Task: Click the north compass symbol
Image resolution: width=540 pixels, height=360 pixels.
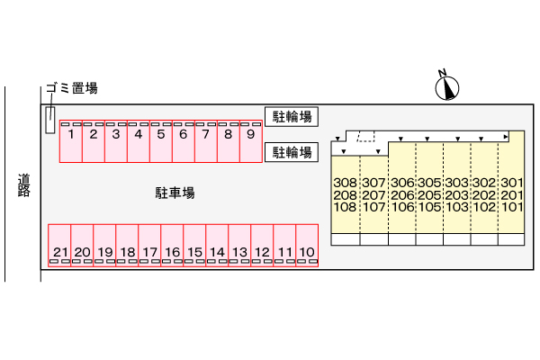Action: tap(447, 87)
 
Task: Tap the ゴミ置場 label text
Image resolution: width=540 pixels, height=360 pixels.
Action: tap(72, 88)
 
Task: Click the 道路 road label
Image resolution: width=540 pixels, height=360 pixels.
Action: tap(23, 185)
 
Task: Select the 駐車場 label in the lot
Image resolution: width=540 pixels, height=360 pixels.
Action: tap(175, 193)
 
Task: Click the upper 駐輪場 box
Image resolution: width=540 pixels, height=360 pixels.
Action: tap(292, 117)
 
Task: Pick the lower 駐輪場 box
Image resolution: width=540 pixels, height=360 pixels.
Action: tap(292, 152)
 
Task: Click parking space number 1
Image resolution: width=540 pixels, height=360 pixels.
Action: tap(71, 141)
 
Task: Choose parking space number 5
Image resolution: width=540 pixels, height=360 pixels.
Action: tap(161, 141)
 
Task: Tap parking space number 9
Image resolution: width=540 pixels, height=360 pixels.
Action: tap(251, 141)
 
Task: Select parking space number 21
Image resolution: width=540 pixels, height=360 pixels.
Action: tap(59, 246)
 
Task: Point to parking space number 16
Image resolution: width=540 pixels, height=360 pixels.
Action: tap(172, 246)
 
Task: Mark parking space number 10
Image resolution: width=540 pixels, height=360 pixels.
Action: tap(307, 246)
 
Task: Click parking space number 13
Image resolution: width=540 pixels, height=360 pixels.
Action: tap(239, 246)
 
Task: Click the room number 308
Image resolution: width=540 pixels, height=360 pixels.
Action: tap(345, 183)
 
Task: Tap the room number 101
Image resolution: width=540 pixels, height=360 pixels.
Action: tap(512, 207)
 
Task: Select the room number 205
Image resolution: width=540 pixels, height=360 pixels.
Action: tap(429, 195)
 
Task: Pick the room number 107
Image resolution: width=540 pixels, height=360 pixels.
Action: tap(373, 207)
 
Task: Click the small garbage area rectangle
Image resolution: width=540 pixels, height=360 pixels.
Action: tap(50, 120)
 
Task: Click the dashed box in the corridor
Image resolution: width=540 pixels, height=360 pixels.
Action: tap(366, 137)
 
